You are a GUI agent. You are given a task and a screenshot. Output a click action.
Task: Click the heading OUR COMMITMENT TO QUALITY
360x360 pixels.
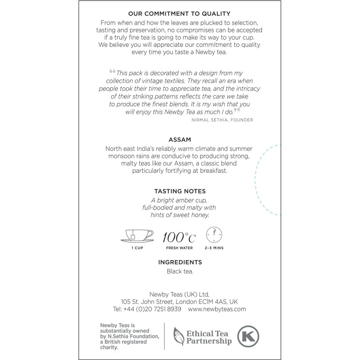[180, 14]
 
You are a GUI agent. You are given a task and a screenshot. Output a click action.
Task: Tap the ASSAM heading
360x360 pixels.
[180, 140]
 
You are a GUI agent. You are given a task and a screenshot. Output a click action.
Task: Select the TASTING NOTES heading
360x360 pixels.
[180, 191]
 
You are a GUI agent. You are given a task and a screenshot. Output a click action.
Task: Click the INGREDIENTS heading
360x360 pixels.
[180, 262]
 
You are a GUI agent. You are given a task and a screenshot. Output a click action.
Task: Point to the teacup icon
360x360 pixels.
[137, 235]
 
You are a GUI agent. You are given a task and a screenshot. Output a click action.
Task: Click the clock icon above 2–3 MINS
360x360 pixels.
[214, 235]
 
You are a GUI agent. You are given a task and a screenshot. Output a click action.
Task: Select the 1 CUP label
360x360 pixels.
[137, 248]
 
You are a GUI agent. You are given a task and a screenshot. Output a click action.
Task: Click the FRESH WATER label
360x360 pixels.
[179, 248]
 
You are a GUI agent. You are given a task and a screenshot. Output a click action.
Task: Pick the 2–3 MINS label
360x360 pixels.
[214, 248]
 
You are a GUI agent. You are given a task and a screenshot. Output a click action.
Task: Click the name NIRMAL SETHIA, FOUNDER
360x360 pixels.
[221, 120]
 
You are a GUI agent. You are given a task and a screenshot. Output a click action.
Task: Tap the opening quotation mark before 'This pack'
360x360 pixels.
[112, 71]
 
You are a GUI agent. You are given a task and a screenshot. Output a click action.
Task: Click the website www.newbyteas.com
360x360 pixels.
[217, 309]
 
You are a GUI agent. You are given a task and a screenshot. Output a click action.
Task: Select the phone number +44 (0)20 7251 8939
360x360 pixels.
[152, 309]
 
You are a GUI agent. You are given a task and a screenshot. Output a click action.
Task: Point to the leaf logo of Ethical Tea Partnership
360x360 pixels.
[180, 336]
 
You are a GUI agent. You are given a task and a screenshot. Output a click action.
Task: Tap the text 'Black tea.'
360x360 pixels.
[180, 271]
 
